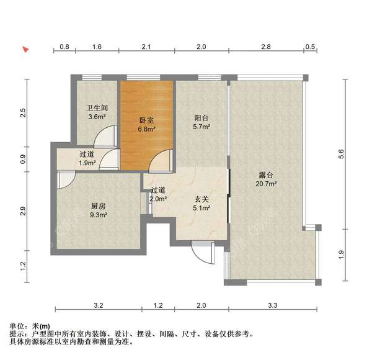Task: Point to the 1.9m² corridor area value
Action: [x=87, y=163]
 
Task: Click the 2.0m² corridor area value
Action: [x=158, y=199]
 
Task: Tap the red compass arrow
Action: [x=25, y=49]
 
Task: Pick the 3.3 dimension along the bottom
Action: [x=272, y=305]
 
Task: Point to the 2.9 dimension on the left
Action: [x=24, y=210]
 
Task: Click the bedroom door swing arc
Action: [x=159, y=160]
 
